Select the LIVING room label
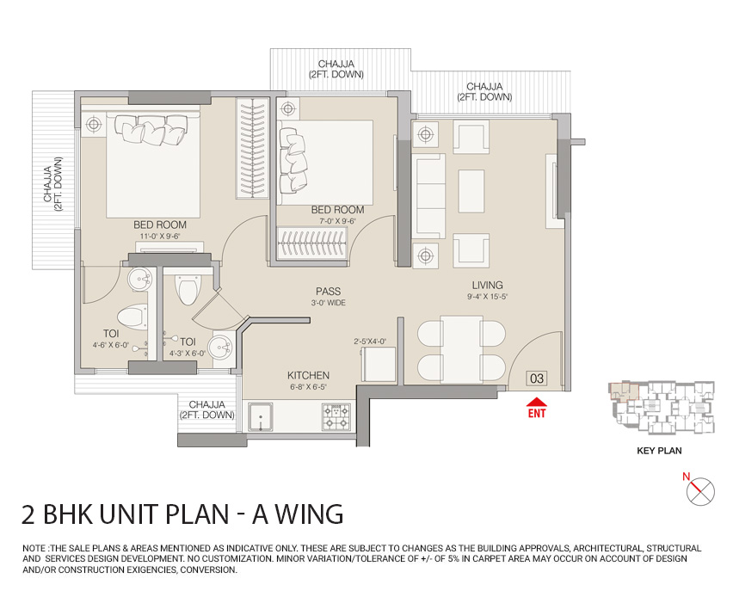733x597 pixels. pos(487,286)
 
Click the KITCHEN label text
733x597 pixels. pos(308,376)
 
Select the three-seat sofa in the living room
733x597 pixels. pos(428,194)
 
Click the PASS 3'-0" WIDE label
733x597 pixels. pos(330,297)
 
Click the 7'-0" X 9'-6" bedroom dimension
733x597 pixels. pos(337,220)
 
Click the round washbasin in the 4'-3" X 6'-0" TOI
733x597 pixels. pos(221,348)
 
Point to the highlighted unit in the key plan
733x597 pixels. pos(621,391)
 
